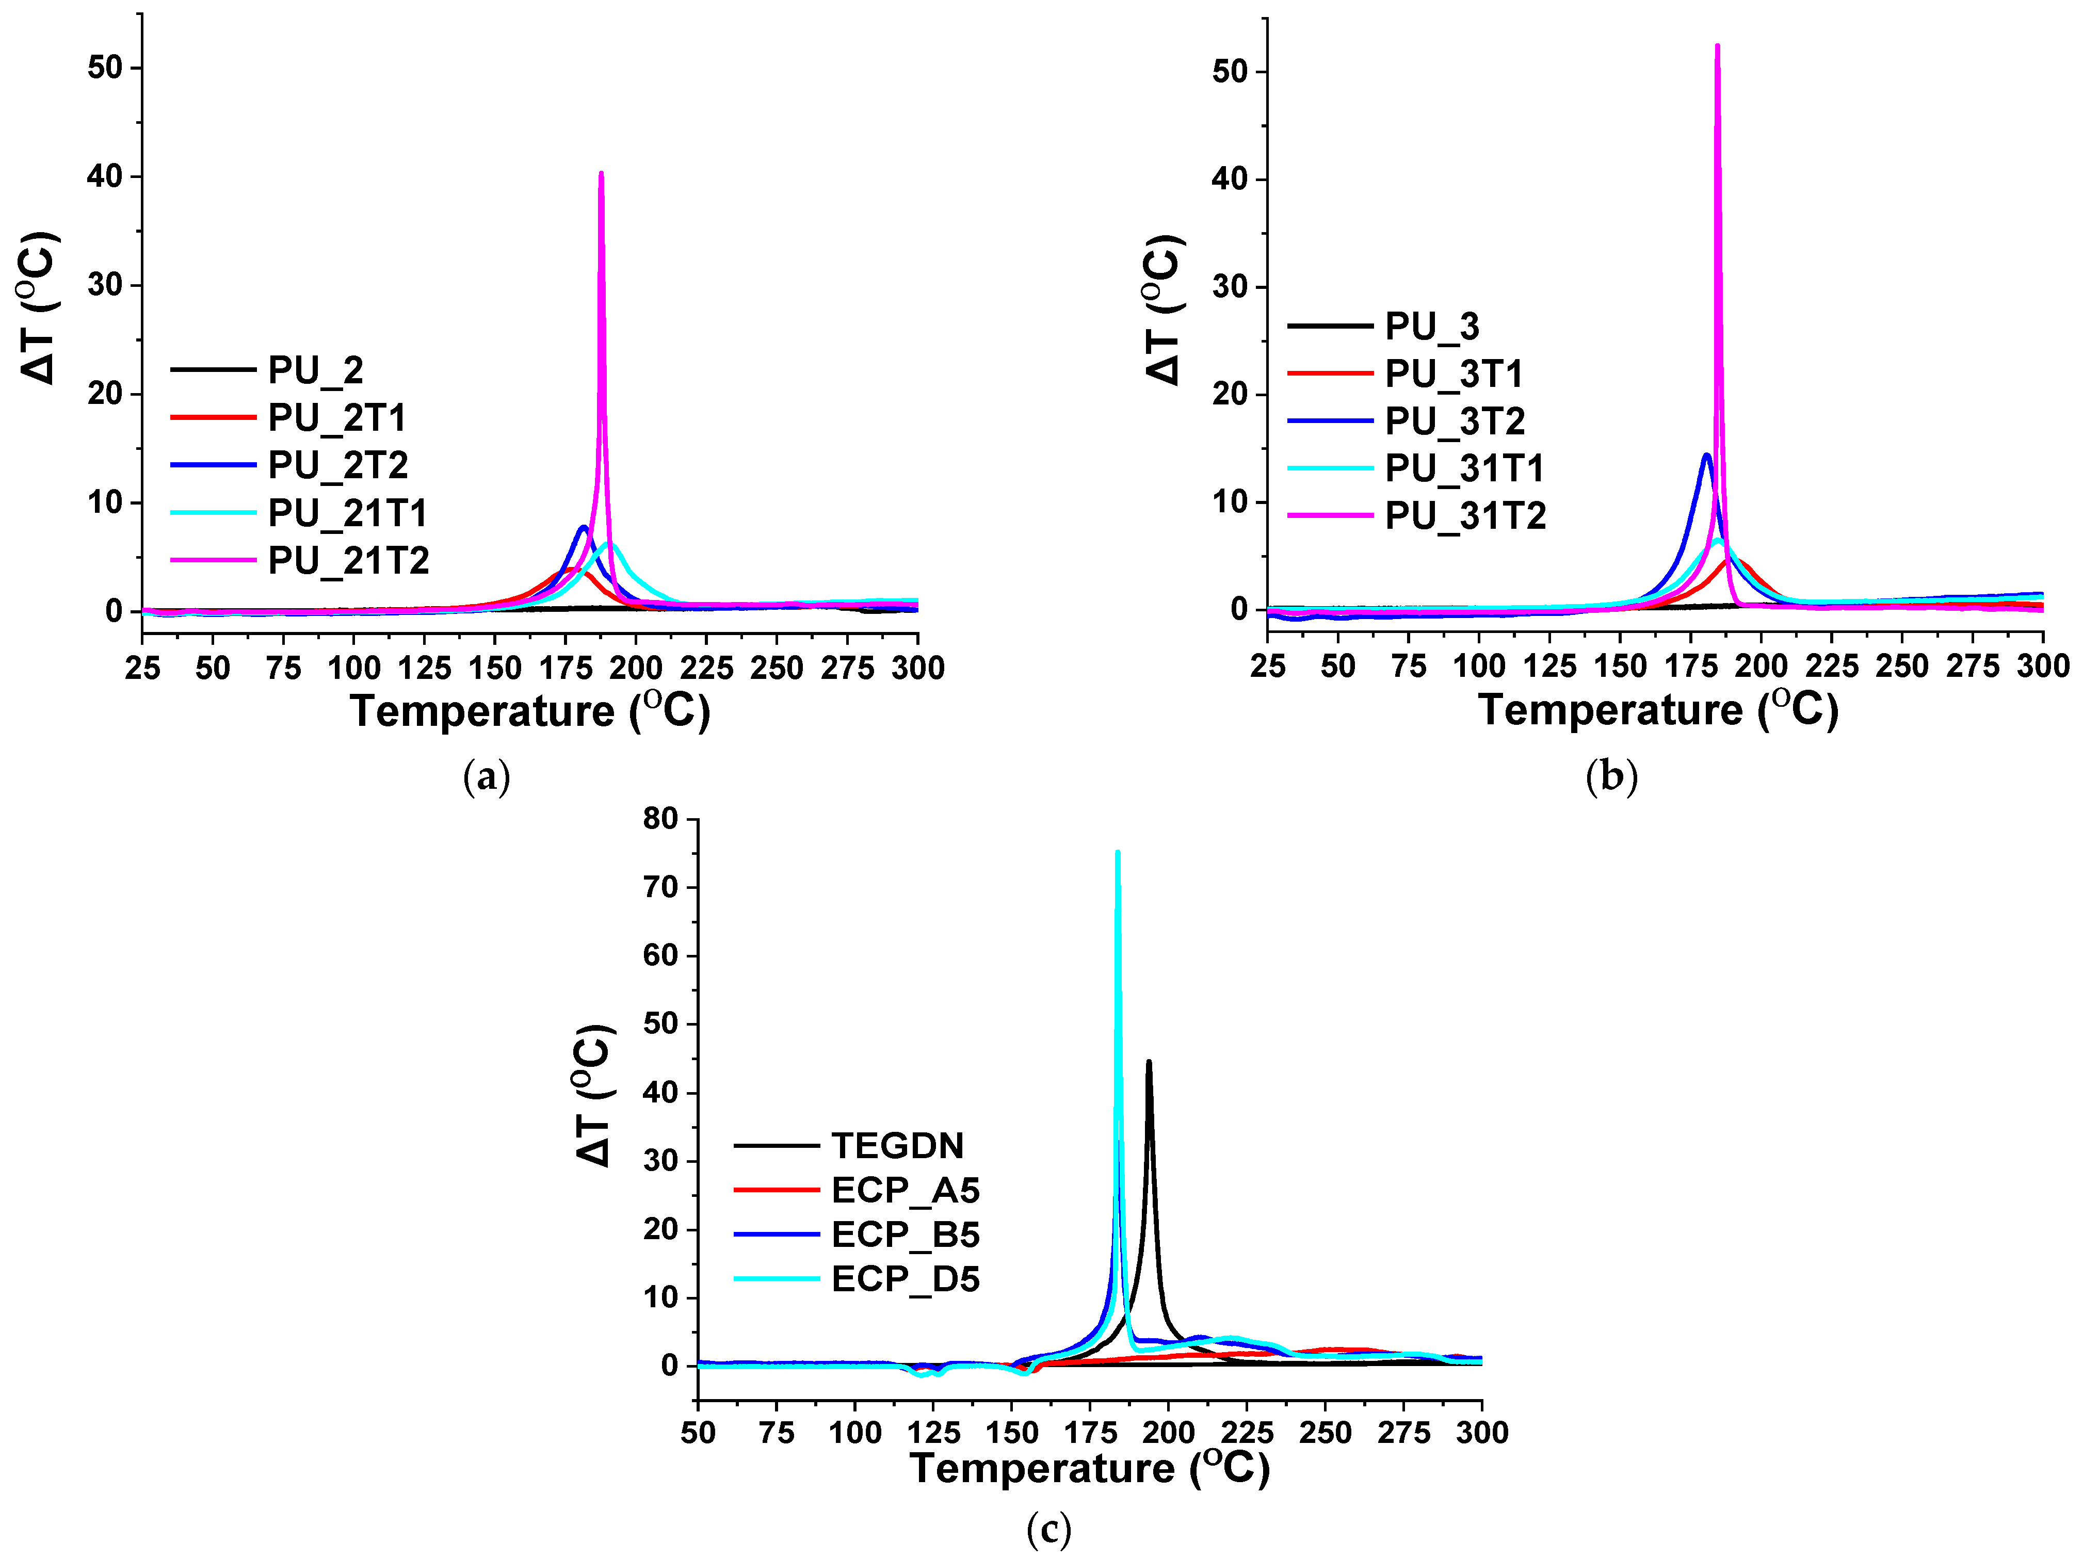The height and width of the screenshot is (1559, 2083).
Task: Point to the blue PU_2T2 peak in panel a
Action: (x=584, y=528)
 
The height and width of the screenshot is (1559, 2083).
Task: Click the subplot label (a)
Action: (x=487, y=777)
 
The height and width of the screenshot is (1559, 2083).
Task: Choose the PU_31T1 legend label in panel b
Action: (x=1464, y=468)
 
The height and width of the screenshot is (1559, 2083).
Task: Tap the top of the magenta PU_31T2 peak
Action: (x=1718, y=46)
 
